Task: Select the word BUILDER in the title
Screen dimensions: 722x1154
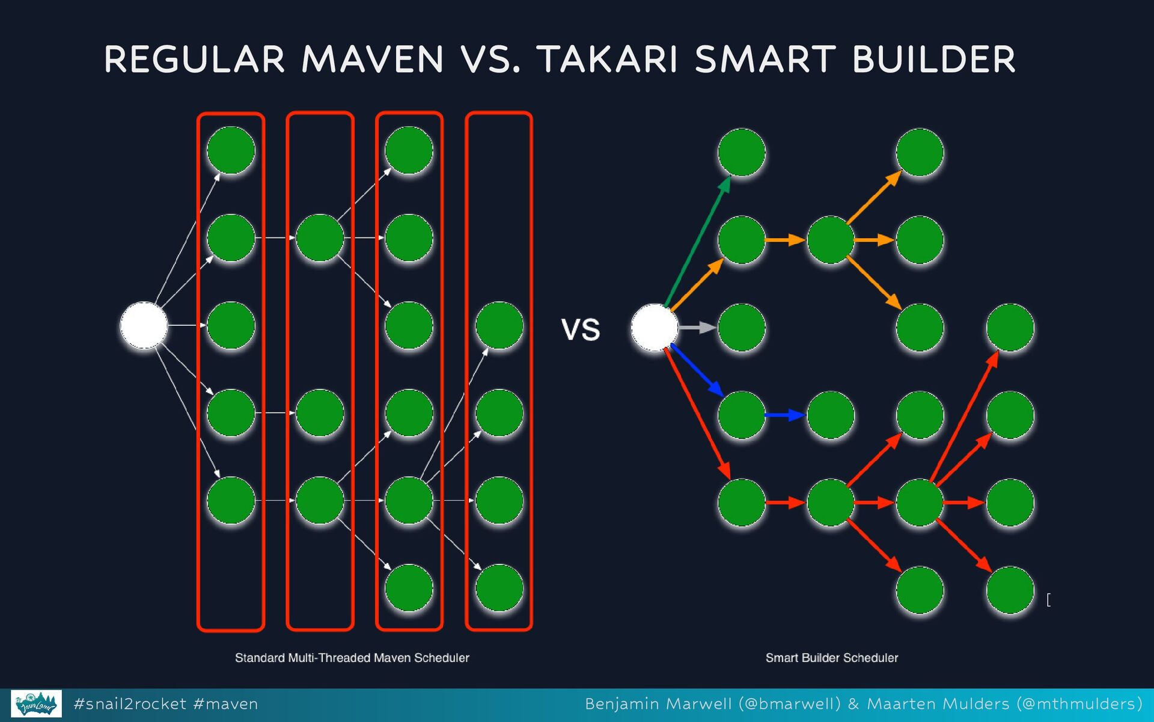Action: pos(933,60)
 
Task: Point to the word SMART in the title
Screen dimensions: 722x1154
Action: pos(765,60)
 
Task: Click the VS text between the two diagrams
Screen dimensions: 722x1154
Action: pos(581,330)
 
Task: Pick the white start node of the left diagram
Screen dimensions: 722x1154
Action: pos(144,325)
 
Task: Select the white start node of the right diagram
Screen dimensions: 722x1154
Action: pos(654,328)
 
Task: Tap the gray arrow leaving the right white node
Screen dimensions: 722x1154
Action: pos(697,328)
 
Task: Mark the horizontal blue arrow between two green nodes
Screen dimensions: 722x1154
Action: pos(785,415)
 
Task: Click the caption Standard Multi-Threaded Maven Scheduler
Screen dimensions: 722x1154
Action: pos(352,658)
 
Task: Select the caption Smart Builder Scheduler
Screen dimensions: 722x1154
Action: pos(831,658)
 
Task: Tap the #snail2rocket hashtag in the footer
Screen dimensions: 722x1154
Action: pos(130,704)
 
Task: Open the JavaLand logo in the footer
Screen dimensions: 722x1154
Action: pos(37,703)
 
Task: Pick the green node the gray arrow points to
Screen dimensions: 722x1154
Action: pos(741,328)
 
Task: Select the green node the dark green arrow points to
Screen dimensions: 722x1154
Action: pos(741,152)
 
